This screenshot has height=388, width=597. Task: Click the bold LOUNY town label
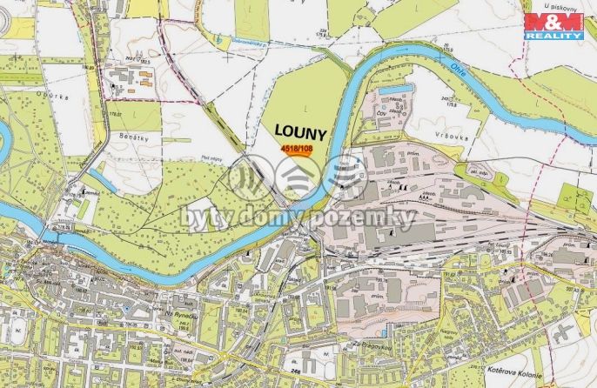300,134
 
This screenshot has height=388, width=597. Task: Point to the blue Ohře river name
458,67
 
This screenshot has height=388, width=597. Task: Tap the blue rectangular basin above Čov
392,90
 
